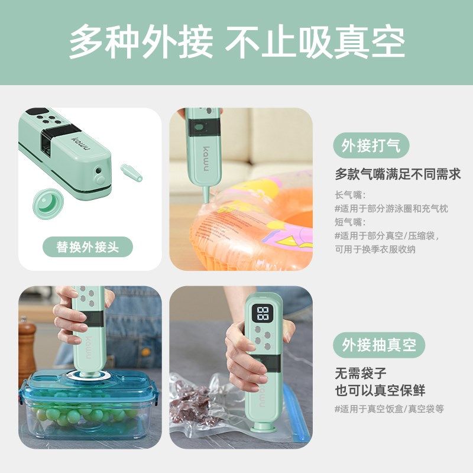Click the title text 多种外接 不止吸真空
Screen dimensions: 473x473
tap(237, 42)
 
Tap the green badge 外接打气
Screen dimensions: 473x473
tap(371, 145)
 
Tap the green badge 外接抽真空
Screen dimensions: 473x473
tap(378, 345)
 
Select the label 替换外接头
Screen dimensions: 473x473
tap(88, 247)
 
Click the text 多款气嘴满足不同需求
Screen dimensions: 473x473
tap(397, 174)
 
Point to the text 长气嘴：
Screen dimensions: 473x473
tap(351, 195)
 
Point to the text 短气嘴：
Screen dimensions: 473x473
tap(351, 222)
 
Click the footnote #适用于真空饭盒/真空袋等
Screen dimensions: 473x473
tap(389, 409)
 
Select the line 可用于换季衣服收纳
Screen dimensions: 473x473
tap(375, 249)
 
